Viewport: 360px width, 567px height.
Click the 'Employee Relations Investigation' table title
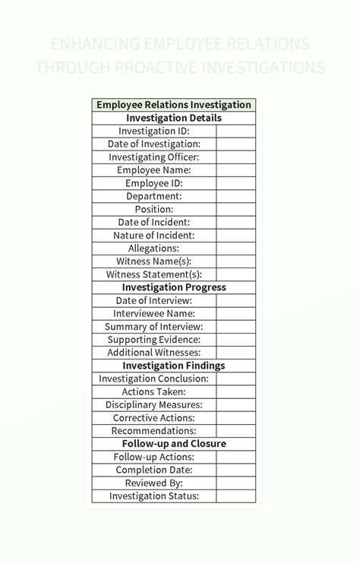point(174,105)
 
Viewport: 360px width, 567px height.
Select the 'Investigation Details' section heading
point(174,119)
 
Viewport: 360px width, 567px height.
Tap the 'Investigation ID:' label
point(154,131)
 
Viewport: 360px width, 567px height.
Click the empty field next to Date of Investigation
point(236,144)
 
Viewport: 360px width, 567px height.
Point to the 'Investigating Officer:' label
point(154,157)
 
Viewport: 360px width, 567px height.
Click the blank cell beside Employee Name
point(236,170)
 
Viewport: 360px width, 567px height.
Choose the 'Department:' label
point(154,196)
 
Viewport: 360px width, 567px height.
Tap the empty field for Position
point(236,209)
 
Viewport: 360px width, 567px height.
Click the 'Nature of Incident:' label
point(154,236)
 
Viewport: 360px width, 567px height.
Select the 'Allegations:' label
point(154,249)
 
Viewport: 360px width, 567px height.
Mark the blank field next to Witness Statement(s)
point(236,274)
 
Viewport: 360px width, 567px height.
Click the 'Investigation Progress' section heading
point(174,287)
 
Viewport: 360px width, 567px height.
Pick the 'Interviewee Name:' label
point(154,313)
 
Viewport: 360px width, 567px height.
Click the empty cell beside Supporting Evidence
point(236,340)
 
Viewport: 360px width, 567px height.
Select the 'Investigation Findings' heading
point(174,366)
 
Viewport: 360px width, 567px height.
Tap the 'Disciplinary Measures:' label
point(154,405)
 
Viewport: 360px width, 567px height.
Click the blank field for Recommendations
point(236,431)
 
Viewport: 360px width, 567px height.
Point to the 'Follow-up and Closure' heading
point(174,444)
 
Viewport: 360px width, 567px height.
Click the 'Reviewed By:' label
point(154,483)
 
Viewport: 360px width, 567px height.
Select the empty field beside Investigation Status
point(236,496)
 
